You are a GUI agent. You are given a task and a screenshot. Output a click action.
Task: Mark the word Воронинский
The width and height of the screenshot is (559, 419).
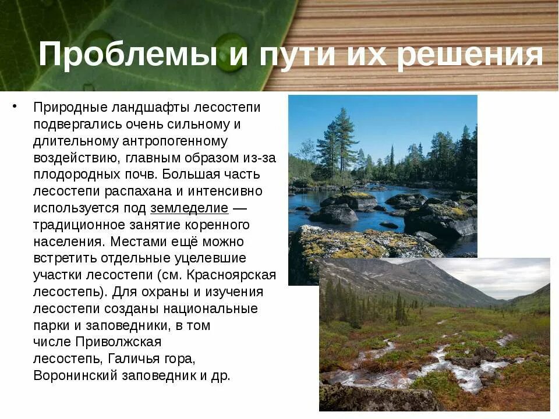click(76, 375)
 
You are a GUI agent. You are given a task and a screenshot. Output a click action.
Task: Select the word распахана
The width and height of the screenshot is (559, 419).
click(136, 191)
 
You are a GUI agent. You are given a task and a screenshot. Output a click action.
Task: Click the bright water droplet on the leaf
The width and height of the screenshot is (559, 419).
click(231, 52)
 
